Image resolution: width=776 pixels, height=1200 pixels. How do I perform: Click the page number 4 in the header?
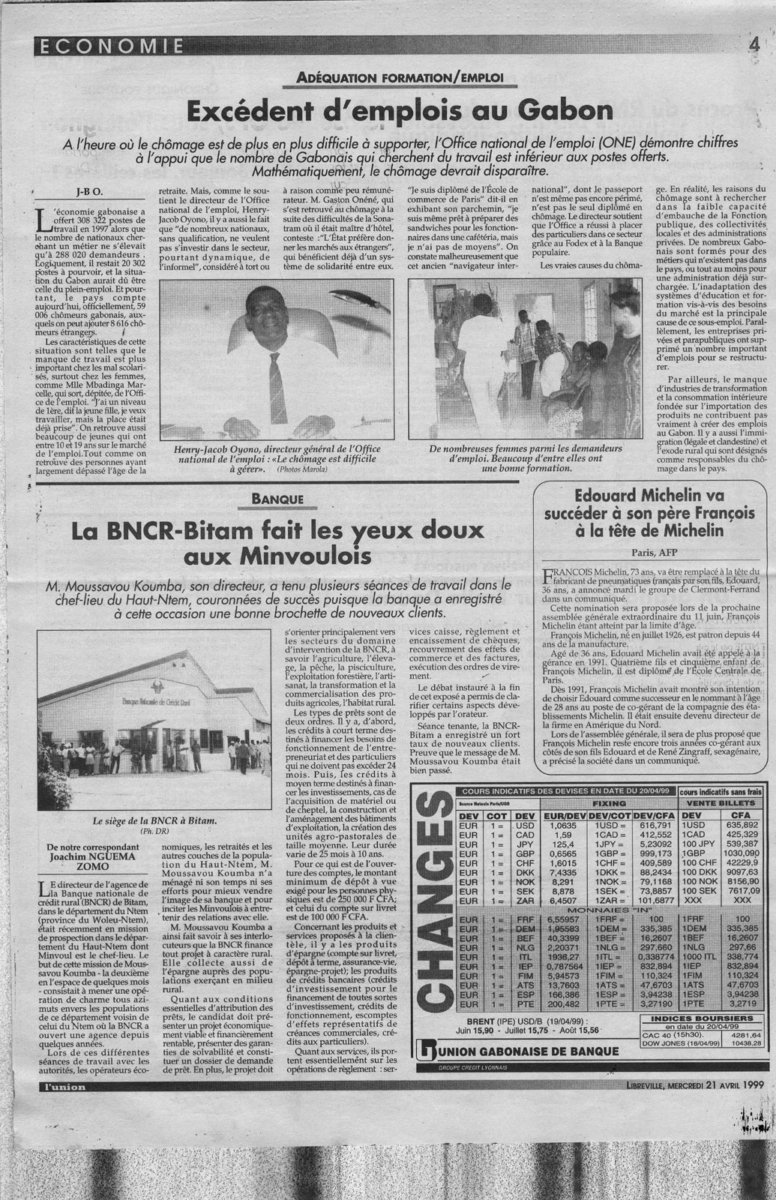click(753, 44)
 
